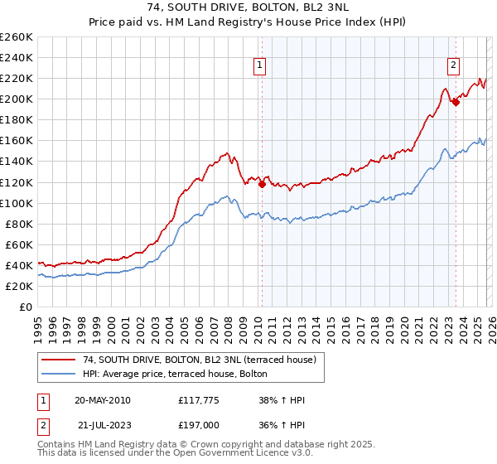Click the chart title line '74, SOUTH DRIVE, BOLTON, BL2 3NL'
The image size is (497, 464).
click(248, 7)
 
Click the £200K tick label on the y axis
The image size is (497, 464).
click(17, 99)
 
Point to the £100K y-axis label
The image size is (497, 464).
click(17, 203)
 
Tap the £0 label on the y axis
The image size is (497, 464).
click(26, 307)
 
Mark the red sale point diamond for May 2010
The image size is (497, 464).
click(263, 184)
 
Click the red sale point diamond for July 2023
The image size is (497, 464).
click(456, 102)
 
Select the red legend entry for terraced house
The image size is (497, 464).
click(199, 360)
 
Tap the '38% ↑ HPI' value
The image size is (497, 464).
click(282, 401)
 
